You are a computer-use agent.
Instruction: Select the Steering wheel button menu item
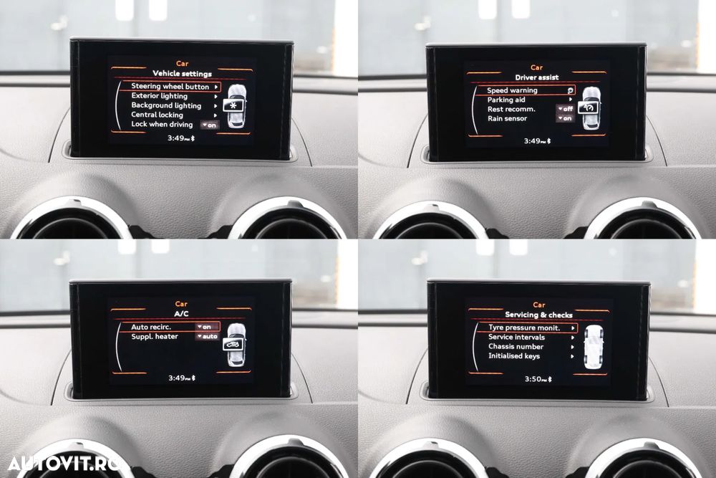coord(170,87)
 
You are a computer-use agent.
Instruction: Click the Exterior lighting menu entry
coord(159,96)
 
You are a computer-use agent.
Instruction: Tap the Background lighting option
coord(166,105)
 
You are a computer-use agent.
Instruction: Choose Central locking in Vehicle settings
coord(157,115)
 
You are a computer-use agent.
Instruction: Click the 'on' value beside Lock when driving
coord(210,125)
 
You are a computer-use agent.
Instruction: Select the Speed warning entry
coord(512,91)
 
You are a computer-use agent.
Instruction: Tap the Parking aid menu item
coord(506,100)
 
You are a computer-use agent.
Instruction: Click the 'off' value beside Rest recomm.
coord(566,110)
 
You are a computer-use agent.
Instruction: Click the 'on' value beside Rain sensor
coord(566,119)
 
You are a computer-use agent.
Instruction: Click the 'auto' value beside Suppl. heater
coord(208,336)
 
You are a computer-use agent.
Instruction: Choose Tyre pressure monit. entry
coord(523,328)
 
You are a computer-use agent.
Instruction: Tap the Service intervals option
coord(516,337)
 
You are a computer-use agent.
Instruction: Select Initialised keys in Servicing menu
coord(514,356)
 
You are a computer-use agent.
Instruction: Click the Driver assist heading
coord(536,77)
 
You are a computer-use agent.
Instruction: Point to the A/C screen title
coord(181,314)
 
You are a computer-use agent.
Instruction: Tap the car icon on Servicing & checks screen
coord(593,347)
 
